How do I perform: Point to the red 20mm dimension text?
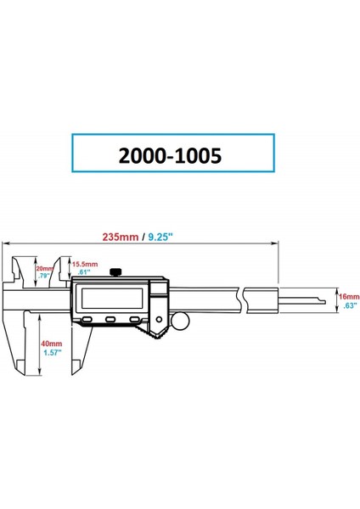pos(42,268)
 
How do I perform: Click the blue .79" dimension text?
pos(44,276)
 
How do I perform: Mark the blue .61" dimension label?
pos(82,272)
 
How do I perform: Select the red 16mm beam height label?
pos(348,297)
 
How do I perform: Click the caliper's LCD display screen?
pos(110,298)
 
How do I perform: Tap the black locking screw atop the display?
pos(115,271)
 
